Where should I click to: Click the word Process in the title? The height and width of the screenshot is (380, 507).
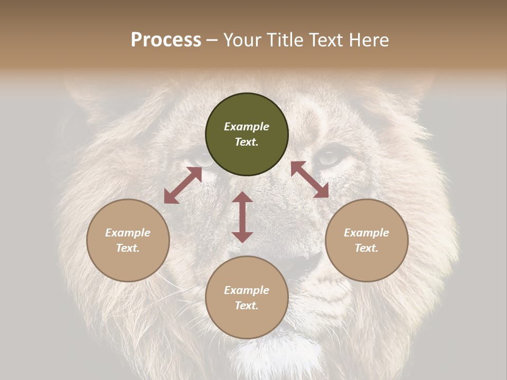coord(166,40)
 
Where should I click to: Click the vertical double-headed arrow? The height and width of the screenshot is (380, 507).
coord(242,217)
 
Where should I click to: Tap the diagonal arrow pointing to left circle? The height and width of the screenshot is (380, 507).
coord(183,185)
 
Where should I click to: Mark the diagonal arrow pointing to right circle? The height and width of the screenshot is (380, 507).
coord(310,179)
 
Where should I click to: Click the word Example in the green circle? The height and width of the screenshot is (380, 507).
coord(247,127)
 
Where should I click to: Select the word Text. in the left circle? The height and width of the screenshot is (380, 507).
coord(128,248)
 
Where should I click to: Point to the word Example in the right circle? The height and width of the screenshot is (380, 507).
coord(367,233)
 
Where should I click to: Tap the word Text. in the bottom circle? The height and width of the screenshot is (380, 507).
coord(247,306)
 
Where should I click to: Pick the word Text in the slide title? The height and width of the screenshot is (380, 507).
coord(325,40)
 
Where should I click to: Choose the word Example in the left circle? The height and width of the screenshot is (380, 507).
coord(128,233)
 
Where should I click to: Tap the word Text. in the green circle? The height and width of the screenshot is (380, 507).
coord(247,142)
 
